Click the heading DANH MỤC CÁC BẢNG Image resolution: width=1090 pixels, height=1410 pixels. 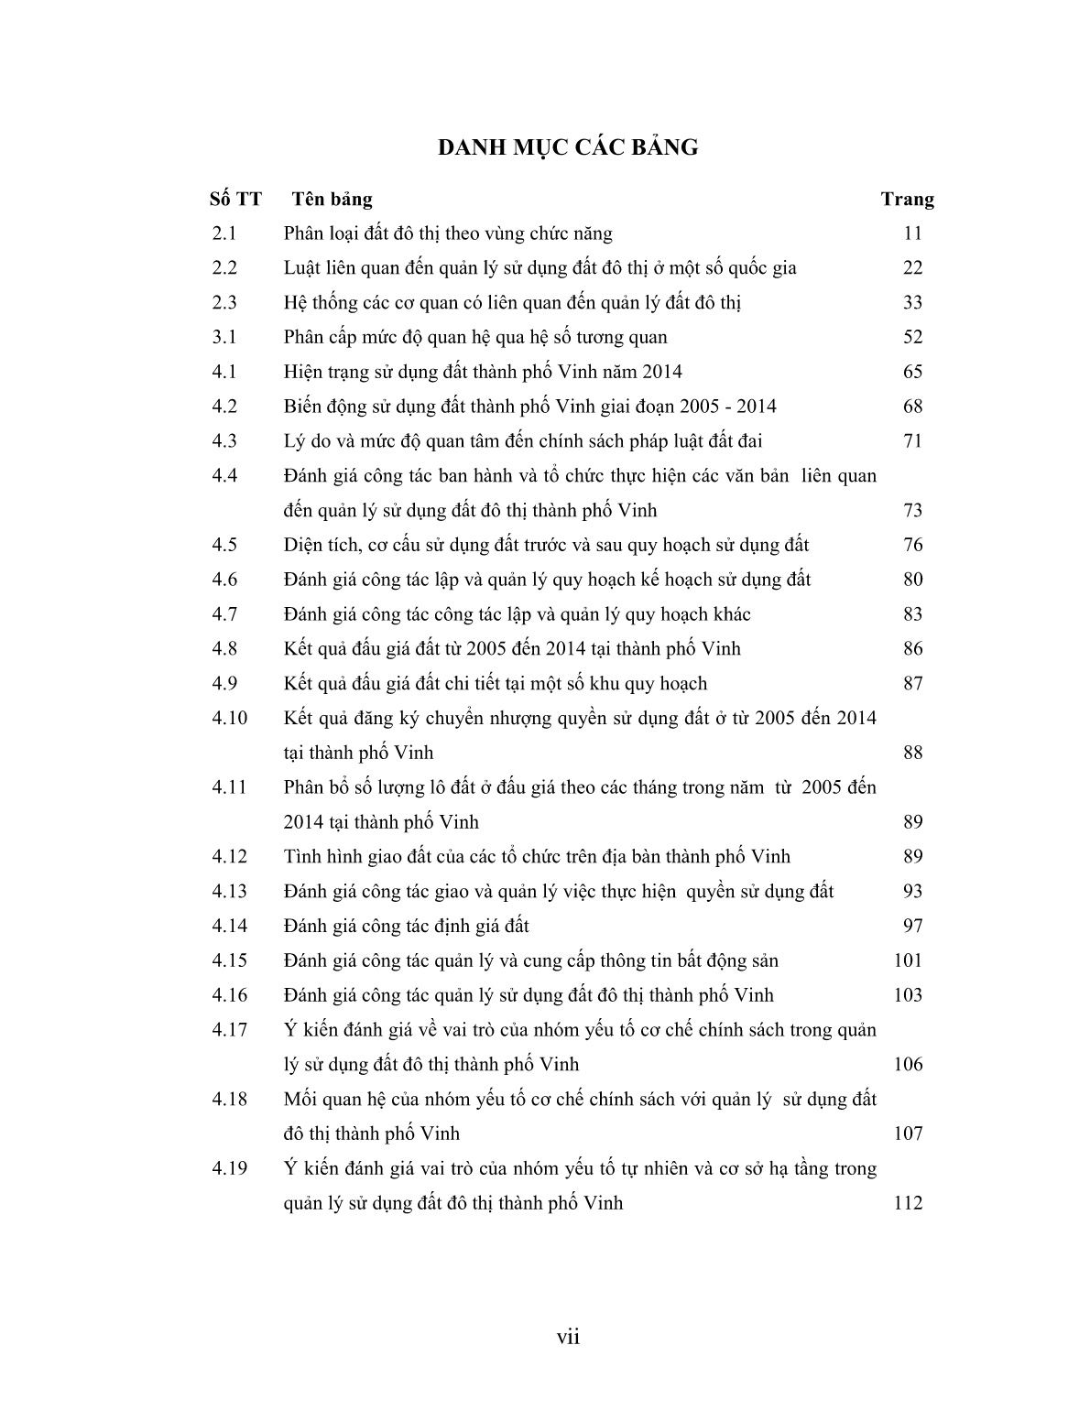pyautogui.click(x=567, y=147)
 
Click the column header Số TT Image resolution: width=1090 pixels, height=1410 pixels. pyautogui.click(x=235, y=200)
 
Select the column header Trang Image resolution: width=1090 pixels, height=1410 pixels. pyautogui.click(x=907, y=200)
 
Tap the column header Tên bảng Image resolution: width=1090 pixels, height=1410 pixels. pyautogui.click(x=332, y=200)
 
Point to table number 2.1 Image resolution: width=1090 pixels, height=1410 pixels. pyautogui.click(x=224, y=233)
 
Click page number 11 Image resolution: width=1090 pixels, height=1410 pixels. pyautogui.click(x=912, y=233)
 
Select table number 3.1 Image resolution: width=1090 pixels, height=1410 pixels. pyautogui.click(x=224, y=337)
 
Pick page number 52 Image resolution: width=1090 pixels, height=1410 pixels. pyautogui.click(x=912, y=337)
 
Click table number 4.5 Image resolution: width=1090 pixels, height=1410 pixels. pyautogui.click(x=224, y=545)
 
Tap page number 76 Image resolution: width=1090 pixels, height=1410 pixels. pyautogui.click(x=912, y=545)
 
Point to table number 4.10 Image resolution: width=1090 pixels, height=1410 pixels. pyautogui.click(x=230, y=718)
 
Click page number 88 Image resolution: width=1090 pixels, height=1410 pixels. pyautogui.click(x=912, y=753)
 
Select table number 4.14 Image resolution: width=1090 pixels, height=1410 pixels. pyautogui.click(x=230, y=926)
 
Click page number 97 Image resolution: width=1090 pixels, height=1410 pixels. pyautogui.click(x=912, y=926)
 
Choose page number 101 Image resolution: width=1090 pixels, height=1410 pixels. pyautogui.click(x=908, y=960)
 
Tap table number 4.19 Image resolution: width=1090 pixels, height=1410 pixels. pyautogui.click(x=230, y=1168)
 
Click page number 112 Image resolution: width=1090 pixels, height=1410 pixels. pyautogui.click(x=908, y=1203)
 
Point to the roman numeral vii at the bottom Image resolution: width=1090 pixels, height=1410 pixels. pyautogui.click(x=568, y=1338)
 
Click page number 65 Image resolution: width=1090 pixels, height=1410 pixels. pyautogui.click(x=912, y=372)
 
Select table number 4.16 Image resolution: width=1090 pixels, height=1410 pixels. pyautogui.click(x=230, y=995)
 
